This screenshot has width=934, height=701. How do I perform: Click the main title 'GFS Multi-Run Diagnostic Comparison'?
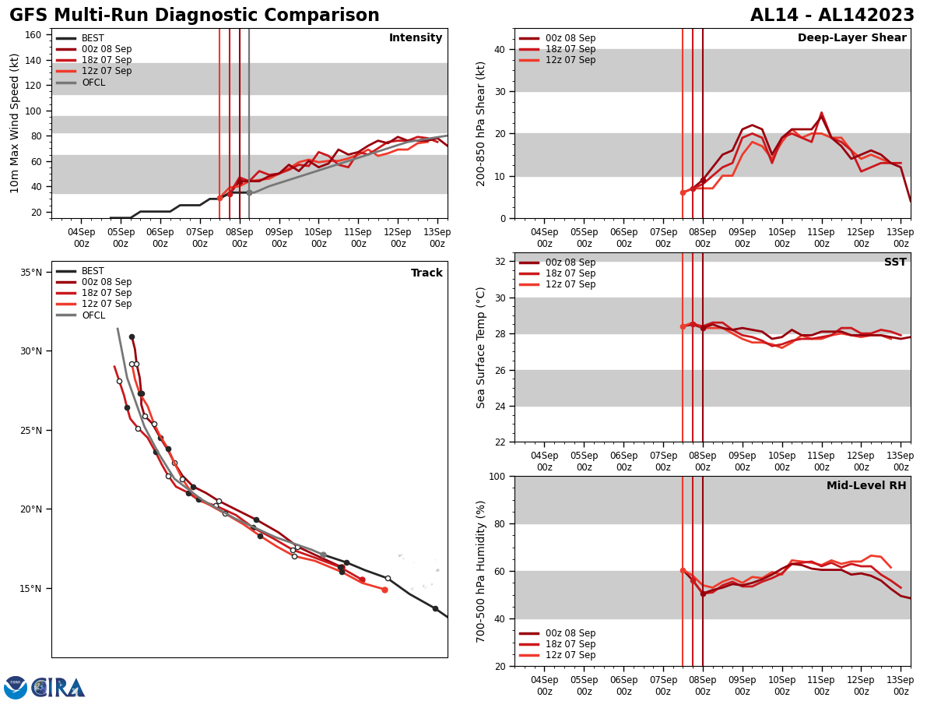[194, 16]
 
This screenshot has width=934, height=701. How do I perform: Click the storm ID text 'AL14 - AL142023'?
[832, 16]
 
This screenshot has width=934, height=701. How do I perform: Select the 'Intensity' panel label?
[416, 38]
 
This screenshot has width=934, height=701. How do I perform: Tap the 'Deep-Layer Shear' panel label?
[851, 38]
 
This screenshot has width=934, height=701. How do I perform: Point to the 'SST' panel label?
[895, 262]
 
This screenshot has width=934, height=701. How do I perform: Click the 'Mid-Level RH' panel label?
[866, 486]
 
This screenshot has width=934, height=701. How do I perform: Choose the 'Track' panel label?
[427, 273]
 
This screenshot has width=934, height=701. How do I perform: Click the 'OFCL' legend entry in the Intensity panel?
[93, 83]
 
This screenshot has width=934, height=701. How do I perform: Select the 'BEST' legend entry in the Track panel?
[93, 272]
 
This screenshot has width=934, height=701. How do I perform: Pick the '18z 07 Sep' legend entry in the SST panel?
[571, 274]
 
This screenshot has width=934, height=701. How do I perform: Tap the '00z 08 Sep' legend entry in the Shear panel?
[571, 38]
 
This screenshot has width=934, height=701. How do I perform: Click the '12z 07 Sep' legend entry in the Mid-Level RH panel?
[571, 656]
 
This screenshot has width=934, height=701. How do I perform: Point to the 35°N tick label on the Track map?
[31, 273]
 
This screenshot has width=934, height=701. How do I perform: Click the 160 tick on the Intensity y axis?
[34, 35]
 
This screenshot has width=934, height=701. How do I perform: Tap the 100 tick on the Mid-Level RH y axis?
[496, 477]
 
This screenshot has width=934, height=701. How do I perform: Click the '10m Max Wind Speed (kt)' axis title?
[15, 123]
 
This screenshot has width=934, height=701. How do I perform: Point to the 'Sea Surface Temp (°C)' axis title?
[482, 347]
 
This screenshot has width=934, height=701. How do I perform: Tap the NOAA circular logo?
[16, 688]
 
